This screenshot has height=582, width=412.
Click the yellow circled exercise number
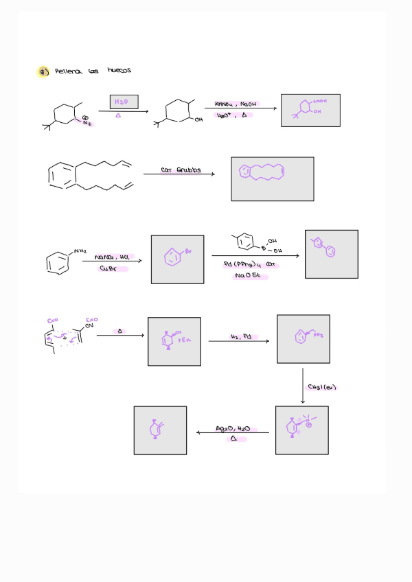click(43, 72)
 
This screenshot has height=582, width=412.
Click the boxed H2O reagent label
click(124, 103)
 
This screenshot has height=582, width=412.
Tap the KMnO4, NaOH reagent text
click(235, 104)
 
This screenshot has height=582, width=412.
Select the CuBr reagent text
click(114, 269)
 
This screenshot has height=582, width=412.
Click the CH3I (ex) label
click(321, 387)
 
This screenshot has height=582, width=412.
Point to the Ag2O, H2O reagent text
click(233, 428)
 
